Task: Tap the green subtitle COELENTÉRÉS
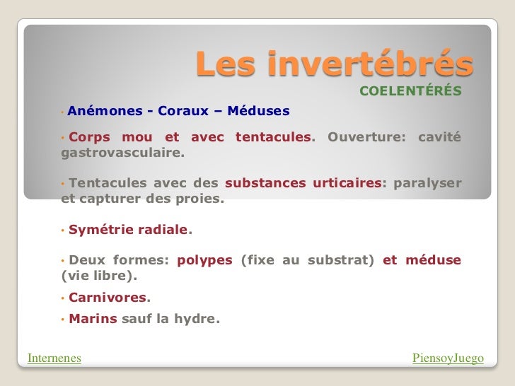[410, 92]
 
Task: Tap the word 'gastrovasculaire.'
[122, 152]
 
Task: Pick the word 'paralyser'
[427, 183]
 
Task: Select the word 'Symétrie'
[100, 230]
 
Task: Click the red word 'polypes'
[204, 259]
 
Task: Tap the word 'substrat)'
[341, 259]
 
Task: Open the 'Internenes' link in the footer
[54, 358]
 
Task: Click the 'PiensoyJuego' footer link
[448, 358]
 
